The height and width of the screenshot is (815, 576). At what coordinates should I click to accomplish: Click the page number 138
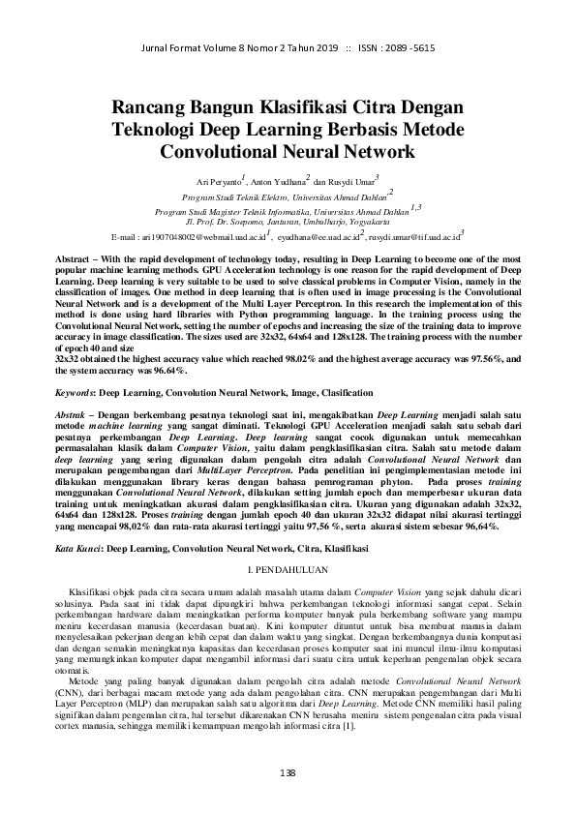287,772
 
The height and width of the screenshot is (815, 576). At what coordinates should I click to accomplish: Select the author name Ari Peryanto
219,180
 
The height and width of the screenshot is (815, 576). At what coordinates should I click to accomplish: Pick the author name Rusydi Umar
351,180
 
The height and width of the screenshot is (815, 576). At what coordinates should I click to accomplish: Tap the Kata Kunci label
80,547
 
